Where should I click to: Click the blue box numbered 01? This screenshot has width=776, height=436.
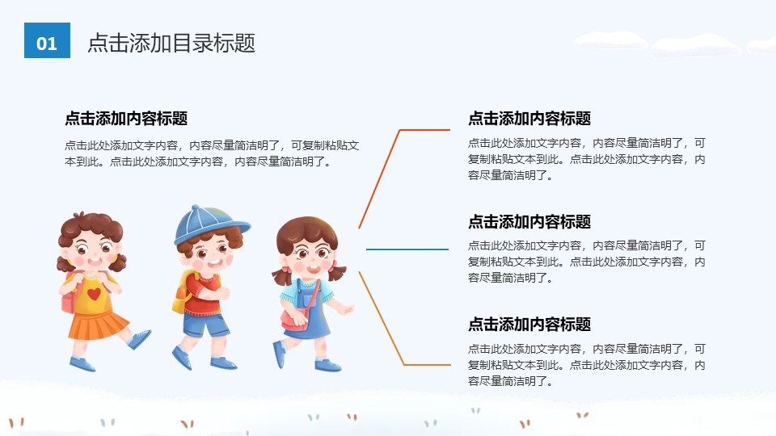click(47, 40)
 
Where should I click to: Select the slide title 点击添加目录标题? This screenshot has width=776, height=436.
click(171, 43)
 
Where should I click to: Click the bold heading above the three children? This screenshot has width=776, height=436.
click(126, 119)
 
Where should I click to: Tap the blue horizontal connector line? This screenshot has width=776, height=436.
click(407, 249)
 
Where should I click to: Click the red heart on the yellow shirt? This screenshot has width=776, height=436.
click(94, 294)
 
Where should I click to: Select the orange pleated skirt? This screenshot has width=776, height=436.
click(98, 325)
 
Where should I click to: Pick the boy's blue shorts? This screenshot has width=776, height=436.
click(205, 325)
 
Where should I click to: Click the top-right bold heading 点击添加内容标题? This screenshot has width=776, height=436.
click(529, 119)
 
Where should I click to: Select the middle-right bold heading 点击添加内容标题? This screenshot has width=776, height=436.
click(529, 222)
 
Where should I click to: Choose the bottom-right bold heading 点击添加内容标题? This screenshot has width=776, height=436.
click(529, 325)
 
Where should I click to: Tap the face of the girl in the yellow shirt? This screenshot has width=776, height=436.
click(91, 251)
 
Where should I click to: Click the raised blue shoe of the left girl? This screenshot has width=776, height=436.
click(140, 339)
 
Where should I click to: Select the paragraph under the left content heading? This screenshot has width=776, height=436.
click(212, 153)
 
